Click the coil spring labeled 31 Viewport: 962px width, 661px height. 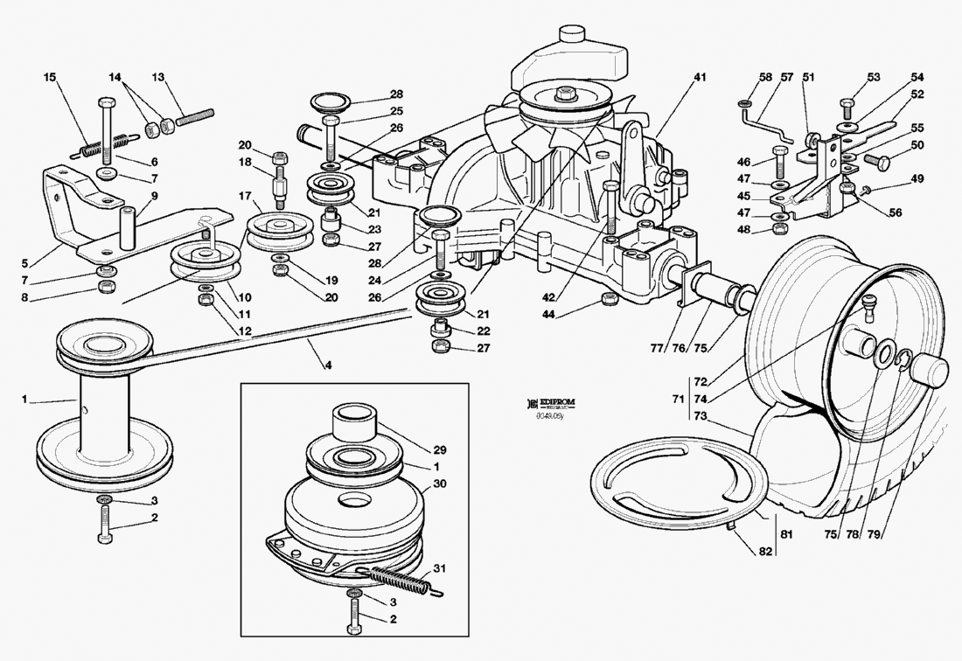(x=398, y=580)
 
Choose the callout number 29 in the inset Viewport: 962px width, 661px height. (x=440, y=449)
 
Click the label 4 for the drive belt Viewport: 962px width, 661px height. (x=329, y=365)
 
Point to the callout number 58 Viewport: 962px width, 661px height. (x=765, y=78)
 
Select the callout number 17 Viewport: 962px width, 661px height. (x=245, y=195)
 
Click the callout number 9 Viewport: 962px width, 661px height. (x=154, y=195)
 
